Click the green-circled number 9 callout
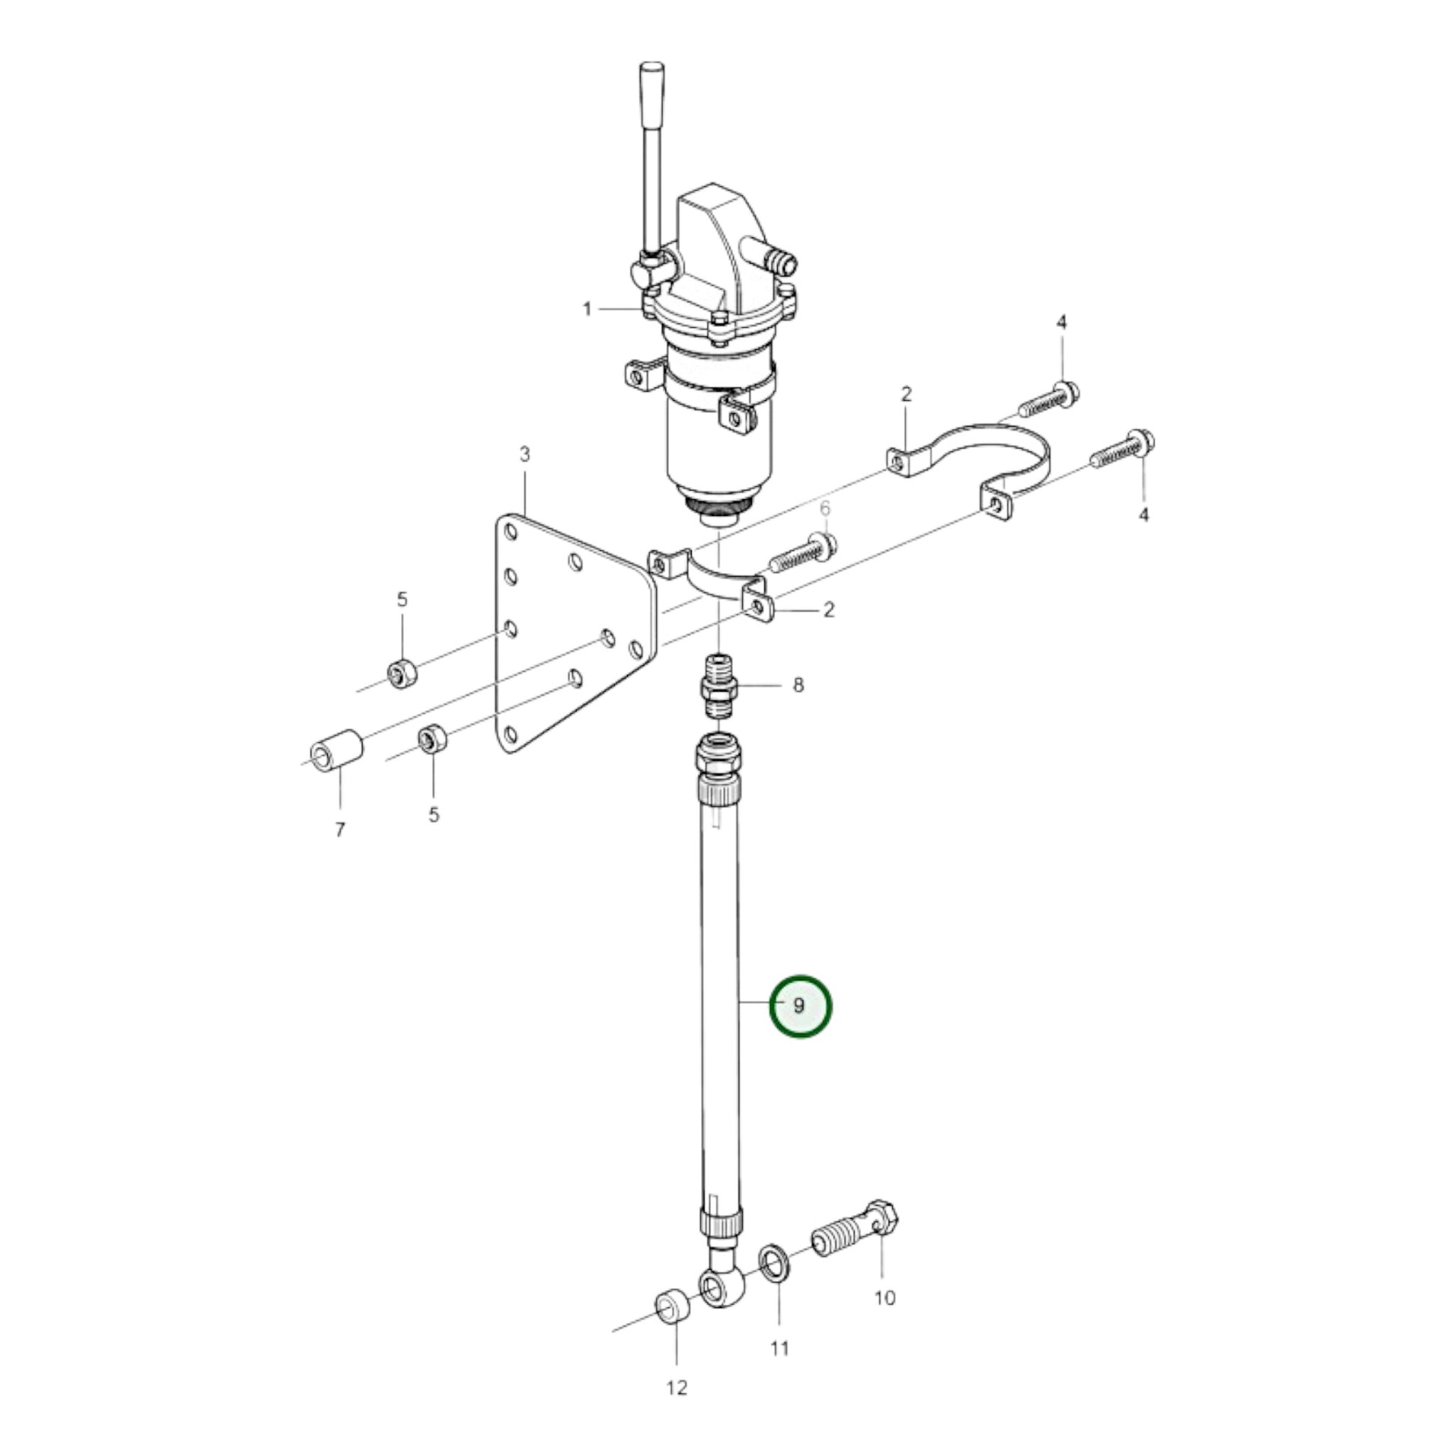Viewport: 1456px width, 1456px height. pos(800,1006)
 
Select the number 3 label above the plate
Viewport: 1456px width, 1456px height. pos(524,454)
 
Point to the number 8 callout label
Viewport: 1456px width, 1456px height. pos(798,685)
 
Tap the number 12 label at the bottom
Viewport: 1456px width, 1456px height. pos(677,1409)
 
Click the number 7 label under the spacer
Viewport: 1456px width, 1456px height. pos(340,830)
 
